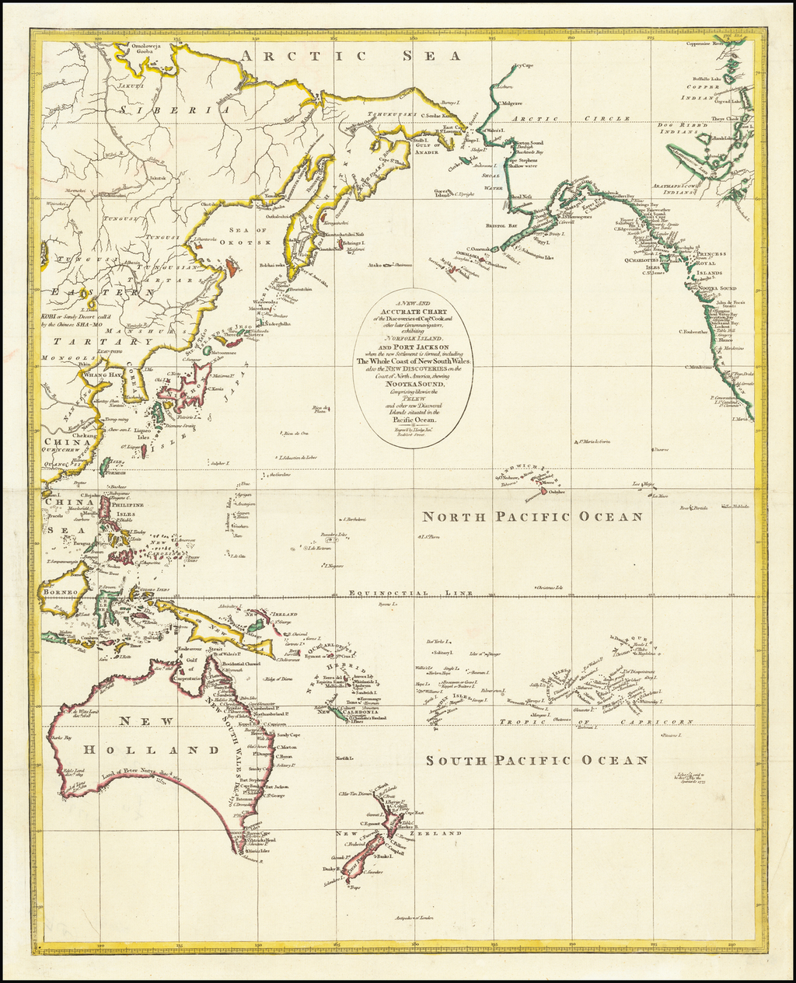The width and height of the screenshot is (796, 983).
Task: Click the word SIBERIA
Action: (175, 110)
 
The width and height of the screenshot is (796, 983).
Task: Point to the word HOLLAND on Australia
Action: (151, 750)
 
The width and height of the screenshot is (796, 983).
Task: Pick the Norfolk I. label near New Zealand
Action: (342, 757)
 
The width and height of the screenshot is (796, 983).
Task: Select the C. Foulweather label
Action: (699, 333)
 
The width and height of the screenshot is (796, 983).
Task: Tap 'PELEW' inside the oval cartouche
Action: (407, 397)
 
